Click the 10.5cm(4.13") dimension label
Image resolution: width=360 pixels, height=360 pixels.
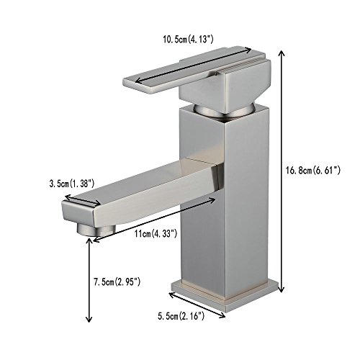188,40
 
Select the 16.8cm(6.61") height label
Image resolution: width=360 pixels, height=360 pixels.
313,171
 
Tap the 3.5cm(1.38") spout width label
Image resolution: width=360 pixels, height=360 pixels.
72,184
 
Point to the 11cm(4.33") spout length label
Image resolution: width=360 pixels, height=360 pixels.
156,233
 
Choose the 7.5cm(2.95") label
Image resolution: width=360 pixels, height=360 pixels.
117,282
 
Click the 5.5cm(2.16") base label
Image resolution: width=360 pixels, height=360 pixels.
181,317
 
